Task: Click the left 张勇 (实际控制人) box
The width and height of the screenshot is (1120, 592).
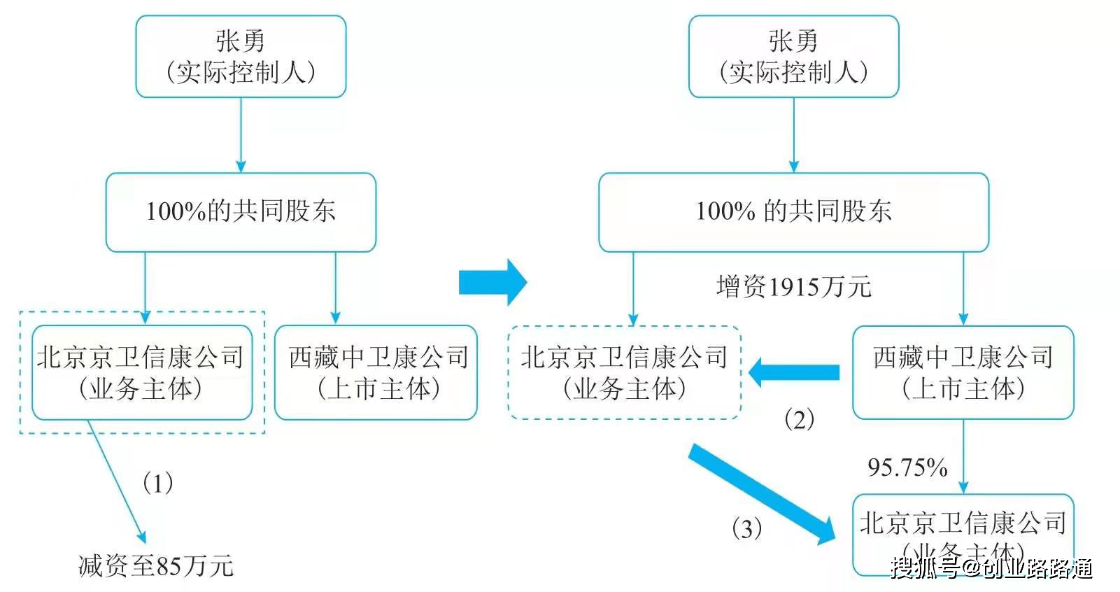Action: (241, 57)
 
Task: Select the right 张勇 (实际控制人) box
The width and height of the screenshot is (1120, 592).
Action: (793, 57)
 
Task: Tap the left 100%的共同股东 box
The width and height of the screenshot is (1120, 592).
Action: (241, 212)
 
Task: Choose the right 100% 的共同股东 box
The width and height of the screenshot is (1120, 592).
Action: (793, 212)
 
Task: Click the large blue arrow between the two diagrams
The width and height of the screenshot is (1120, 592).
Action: (492, 282)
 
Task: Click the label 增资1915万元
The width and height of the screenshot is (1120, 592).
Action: (793, 287)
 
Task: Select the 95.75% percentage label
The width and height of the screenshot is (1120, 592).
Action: (907, 467)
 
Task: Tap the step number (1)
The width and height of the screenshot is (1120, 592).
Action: (157, 483)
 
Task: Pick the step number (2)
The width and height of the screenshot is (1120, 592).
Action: (799, 419)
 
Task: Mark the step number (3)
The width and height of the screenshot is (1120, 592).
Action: (746, 528)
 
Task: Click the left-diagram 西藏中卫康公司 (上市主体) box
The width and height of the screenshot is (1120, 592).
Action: (376, 372)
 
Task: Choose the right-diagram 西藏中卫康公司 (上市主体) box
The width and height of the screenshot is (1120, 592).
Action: (963, 372)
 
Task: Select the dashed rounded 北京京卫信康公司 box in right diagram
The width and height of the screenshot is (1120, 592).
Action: (625, 372)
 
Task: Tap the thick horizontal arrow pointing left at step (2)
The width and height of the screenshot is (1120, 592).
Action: (793, 372)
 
